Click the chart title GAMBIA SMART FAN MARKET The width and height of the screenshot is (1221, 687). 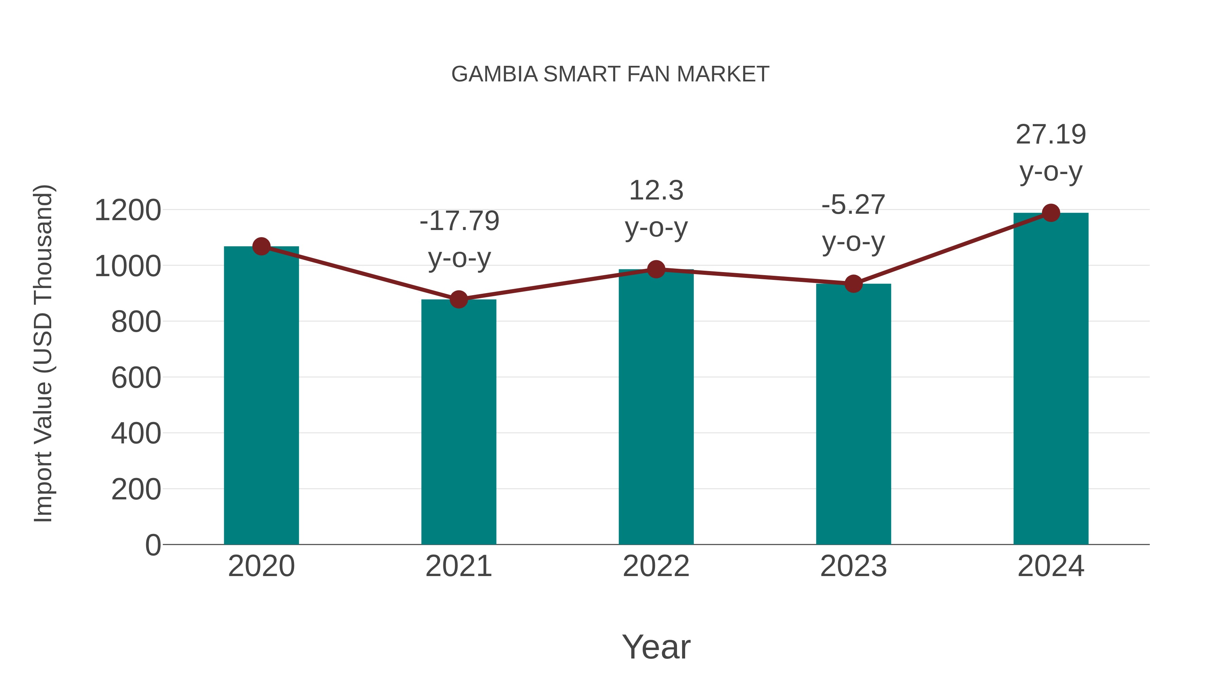[x=610, y=74]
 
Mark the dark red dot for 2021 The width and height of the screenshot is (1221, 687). [x=458, y=299]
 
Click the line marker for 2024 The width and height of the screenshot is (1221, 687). [x=1051, y=213]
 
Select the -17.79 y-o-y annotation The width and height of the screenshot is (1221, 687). [x=459, y=240]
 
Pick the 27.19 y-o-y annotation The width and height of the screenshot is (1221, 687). [x=1051, y=153]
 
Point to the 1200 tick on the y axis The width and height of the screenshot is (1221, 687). [x=128, y=210]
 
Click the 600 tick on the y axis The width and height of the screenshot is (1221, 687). [x=136, y=378]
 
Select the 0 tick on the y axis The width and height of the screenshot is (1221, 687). [x=153, y=545]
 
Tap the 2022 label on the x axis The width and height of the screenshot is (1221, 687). [x=656, y=566]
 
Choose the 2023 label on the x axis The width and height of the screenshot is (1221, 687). [x=853, y=566]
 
